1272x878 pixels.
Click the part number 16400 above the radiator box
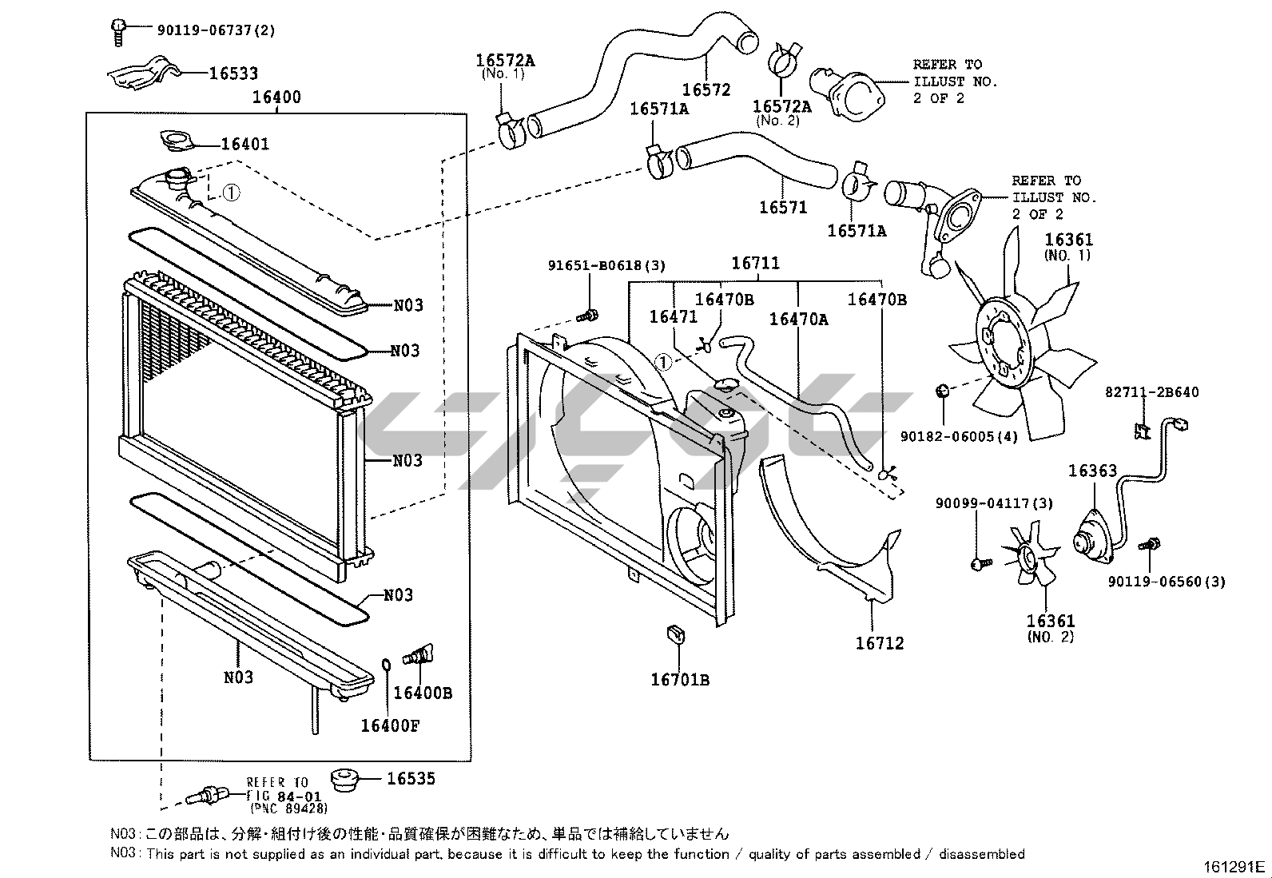pyautogui.click(x=276, y=97)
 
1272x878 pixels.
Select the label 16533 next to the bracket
pyautogui.click(x=233, y=73)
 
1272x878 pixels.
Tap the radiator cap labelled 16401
pyautogui.click(x=177, y=141)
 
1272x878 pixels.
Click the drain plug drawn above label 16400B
pyautogui.click(x=419, y=655)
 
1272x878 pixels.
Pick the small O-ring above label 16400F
pyautogui.click(x=386, y=665)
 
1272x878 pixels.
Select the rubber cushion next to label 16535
pyautogui.click(x=344, y=779)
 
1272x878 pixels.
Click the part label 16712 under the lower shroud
pyautogui.click(x=880, y=643)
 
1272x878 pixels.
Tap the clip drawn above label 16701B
pyautogui.click(x=676, y=635)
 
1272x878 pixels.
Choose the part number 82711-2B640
pyautogui.click(x=1151, y=392)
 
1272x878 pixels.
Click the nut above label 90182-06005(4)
pyautogui.click(x=942, y=391)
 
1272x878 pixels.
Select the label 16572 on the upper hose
pyautogui.click(x=706, y=89)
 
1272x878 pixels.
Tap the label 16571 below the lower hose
pyautogui.click(x=783, y=207)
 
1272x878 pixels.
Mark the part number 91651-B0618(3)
pyautogui.click(x=606, y=265)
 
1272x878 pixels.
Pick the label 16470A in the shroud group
pyautogui.click(x=798, y=320)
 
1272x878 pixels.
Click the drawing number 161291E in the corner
pyautogui.click(x=1234, y=867)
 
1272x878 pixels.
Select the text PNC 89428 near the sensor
pyautogui.click(x=289, y=808)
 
